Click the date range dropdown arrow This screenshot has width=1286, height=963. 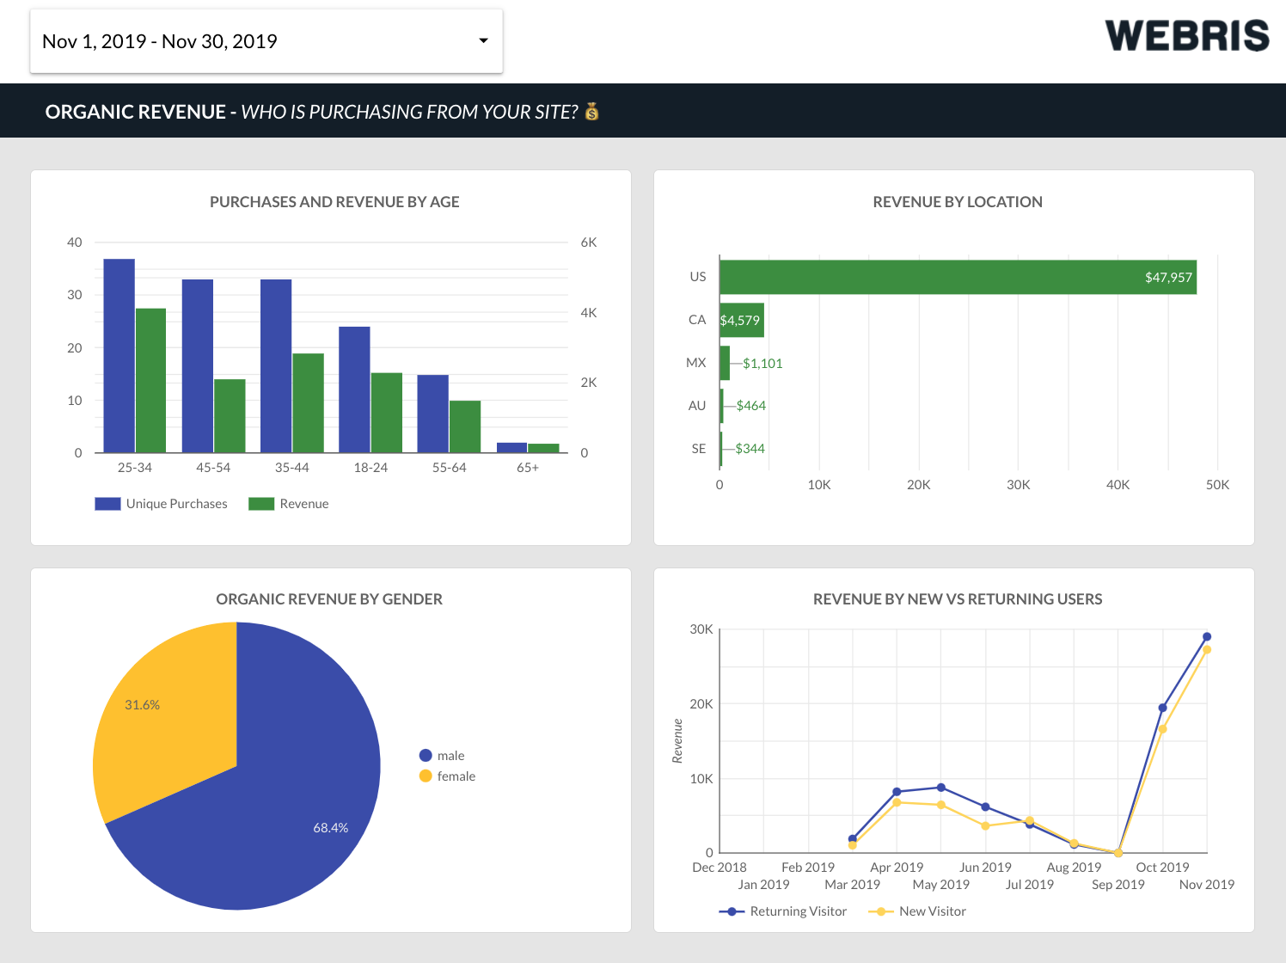[x=483, y=41]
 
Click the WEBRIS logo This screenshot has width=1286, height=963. [x=1186, y=36]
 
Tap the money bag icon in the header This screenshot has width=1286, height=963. [x=591, y=112]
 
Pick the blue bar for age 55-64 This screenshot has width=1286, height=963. [x=432, y=414]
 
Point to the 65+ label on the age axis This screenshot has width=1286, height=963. [x=528, y=468]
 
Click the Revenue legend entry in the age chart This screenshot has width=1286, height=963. [x=289, y=504]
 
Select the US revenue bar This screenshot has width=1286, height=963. [x=957, y=277]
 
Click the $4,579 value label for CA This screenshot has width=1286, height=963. [x=740, y=321]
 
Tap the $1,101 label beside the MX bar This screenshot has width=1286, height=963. [x=762, y=364]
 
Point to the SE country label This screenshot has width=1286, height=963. [x=698, y=449]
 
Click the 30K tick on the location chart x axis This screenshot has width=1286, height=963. [x=1018, y=485]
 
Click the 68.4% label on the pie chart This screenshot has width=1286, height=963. [x=330, y=828]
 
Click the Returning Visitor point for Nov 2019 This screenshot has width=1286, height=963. [x=1207, y=637]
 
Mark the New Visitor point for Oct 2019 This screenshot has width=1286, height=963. [x=1162, y=729]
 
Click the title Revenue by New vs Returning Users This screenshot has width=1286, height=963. [x=957, y=599]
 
